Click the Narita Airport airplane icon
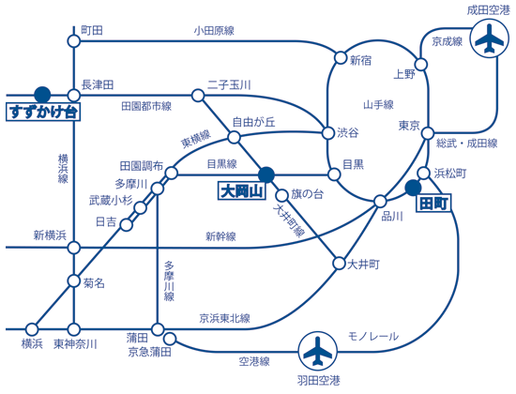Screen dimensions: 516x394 click(x=490, y=38)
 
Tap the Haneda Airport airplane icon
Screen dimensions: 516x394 click(x=317, y=351)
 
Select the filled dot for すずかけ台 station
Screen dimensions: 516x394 click(x=42, y=95)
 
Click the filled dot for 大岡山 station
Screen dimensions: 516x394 click(x=266, y=174)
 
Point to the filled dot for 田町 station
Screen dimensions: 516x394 click(x=413, y=188)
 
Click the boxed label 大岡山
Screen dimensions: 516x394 click(x=242, y=191)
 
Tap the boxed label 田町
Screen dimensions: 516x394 click(x=433, y=204)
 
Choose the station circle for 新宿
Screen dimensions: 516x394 click(x=341, y=57)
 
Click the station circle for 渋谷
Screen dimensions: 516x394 click(x=328, y=133)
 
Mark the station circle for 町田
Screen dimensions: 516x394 click(x=74, y=41)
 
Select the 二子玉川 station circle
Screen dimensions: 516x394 click(x=198, y=96)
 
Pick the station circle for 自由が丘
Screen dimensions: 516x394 click(x=234, y=137)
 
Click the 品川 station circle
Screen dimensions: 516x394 click(x=380, y=201)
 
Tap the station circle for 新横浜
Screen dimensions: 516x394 click(x=74, y=248)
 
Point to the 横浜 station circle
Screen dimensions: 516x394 click(x=32, y=329)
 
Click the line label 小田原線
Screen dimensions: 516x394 click(x=214, y=31)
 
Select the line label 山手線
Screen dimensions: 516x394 click(x=378, y=105)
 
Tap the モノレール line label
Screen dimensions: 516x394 click(x=373, y=336)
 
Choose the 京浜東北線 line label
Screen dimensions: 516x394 click(x=225, y=318)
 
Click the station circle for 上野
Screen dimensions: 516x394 click(x=421, y=64)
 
